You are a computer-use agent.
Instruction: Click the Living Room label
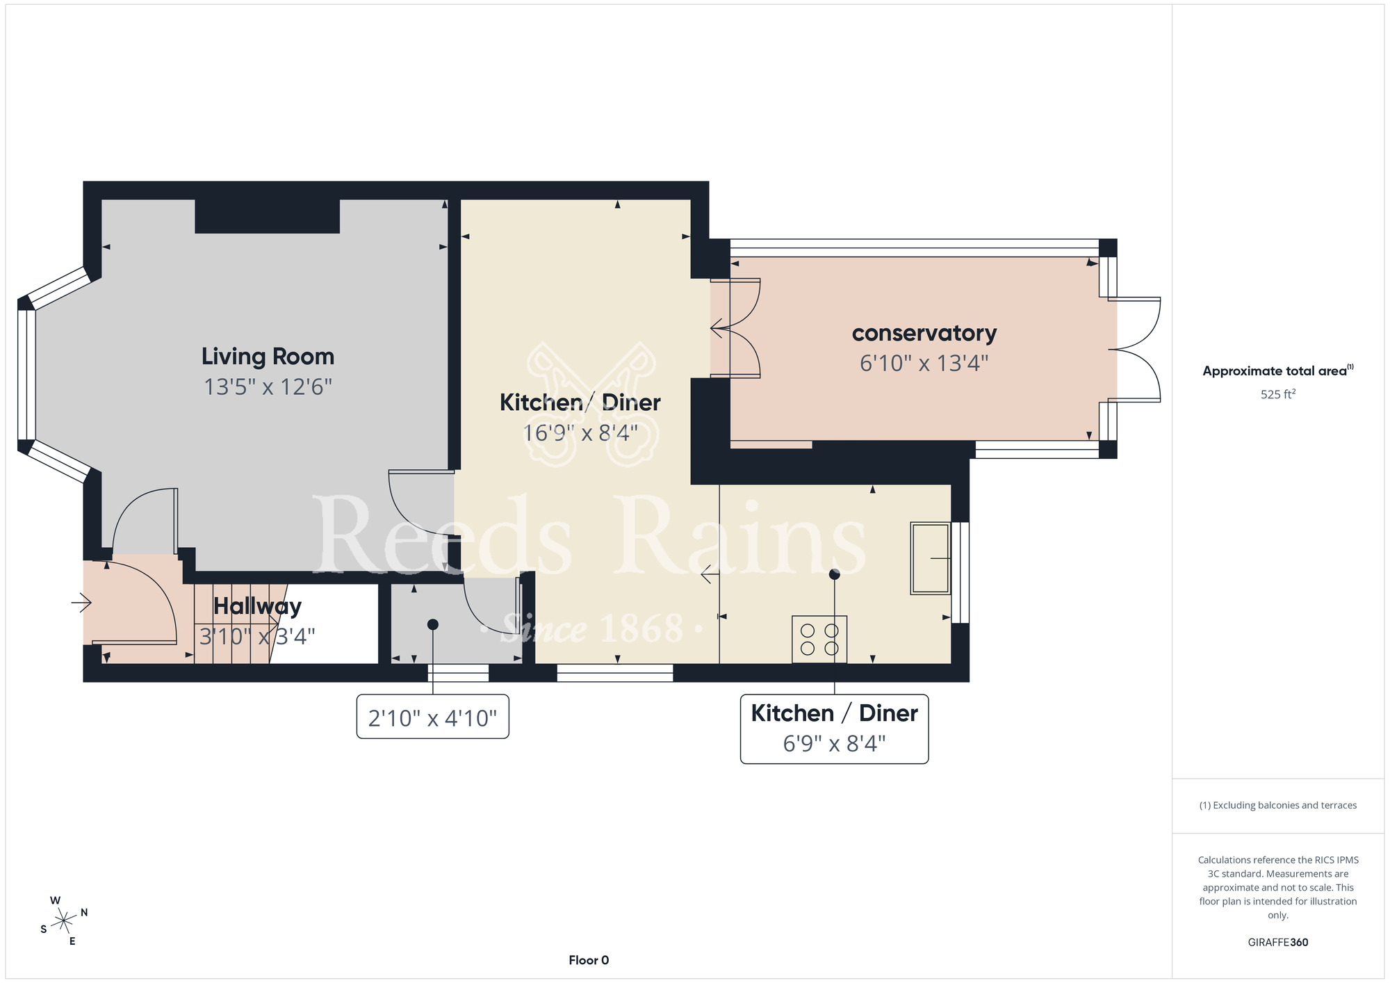point(268,357)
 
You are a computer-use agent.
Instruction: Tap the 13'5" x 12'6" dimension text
point(268,387)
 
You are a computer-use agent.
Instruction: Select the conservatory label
point(924,334)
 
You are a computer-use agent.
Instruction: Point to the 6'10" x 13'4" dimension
point(924,363)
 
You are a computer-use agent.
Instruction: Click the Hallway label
point(257,606)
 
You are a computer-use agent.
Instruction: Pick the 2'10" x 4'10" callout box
point(432,717)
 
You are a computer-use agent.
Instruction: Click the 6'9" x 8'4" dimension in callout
point(834,744)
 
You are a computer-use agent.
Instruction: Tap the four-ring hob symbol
point(819,639)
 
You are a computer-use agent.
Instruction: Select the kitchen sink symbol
point(931,558)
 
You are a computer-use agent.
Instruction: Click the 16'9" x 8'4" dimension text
point(580,433)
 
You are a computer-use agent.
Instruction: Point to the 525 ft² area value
point(1278,394)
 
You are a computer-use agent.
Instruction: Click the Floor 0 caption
point(589,960)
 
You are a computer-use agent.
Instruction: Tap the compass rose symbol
point(64,921)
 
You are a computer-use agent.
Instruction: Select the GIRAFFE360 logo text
point(1278,943)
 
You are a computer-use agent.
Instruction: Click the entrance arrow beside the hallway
point(81,603)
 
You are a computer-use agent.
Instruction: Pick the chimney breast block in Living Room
point(268,216)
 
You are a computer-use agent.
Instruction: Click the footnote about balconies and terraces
point(1278,805)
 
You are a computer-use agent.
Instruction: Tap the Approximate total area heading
point(1275,371)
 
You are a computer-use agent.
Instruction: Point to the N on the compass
point(84,912)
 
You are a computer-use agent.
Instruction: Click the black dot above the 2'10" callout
point(433,624)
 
